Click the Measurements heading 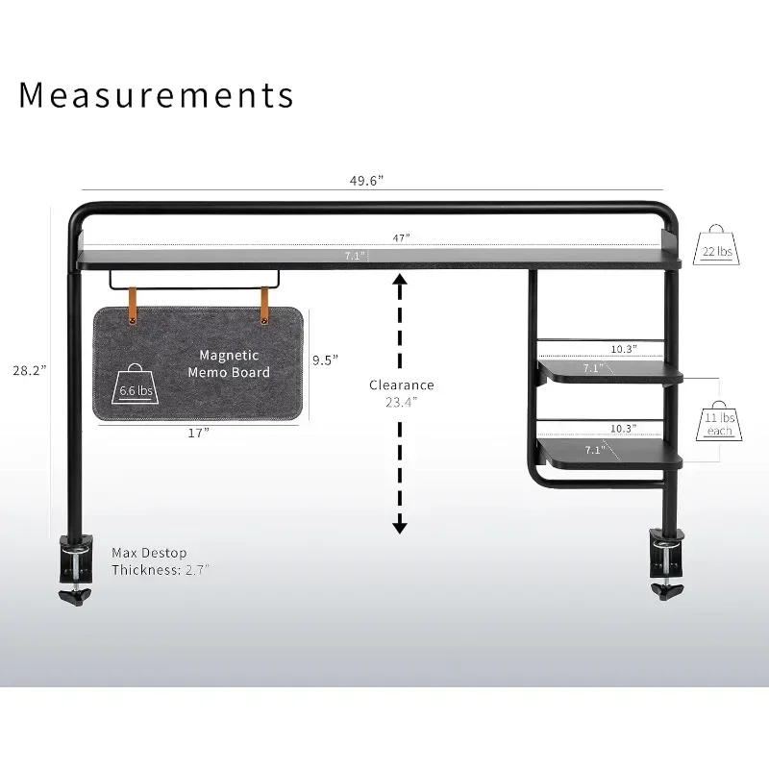(157, 95)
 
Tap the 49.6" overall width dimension (367, 180)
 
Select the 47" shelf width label (401, 236)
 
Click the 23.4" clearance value (402, 402)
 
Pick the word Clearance (402, 384)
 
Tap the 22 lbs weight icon (717, 246)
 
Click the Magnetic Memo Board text (229, 363)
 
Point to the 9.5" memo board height (326, 360)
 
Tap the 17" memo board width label (198, 434)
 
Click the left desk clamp (75, 570)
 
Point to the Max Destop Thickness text (160, 560)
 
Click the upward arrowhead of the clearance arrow (400, 279)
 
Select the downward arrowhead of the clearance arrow (400, 526)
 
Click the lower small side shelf (608, 452)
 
